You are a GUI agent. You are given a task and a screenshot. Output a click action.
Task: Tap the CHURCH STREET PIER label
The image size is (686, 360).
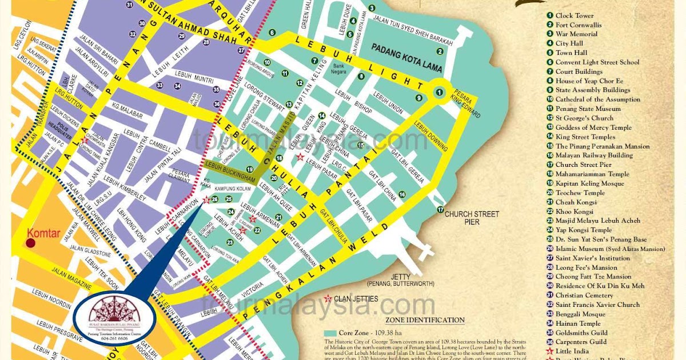point(472,218)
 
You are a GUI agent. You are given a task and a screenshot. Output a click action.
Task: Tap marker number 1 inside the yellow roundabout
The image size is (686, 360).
point(440,91)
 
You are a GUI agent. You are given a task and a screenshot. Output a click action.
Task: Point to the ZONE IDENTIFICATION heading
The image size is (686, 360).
point(425,320)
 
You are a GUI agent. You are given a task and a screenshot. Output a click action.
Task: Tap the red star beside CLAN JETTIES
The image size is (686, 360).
point(328,298)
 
